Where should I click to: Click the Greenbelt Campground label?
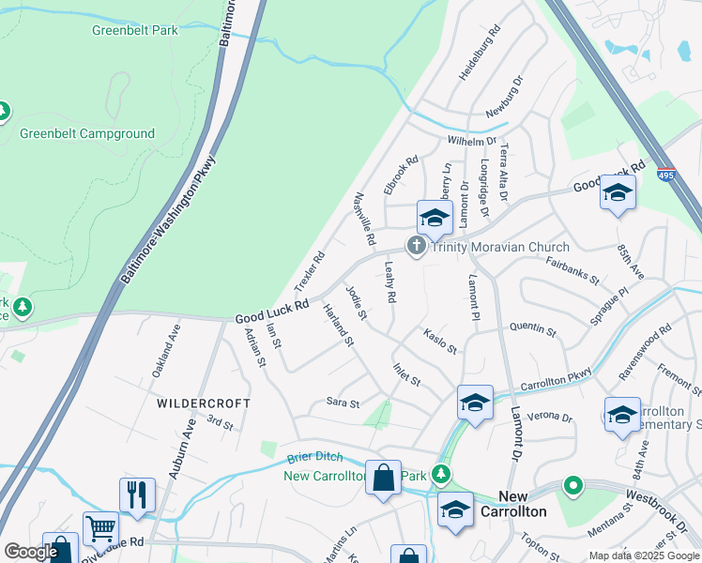click(87, 133)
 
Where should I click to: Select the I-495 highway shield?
click(665, 175)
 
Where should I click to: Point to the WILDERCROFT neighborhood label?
click(204, 403)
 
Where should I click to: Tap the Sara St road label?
click(343, 403)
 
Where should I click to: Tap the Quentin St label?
click(532, 329)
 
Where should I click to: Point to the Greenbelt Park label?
click(135, 30)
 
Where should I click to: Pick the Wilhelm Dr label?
click(471, 141)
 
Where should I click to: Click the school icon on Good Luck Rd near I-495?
click(618, 192)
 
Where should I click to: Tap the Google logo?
click(31, 552)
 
